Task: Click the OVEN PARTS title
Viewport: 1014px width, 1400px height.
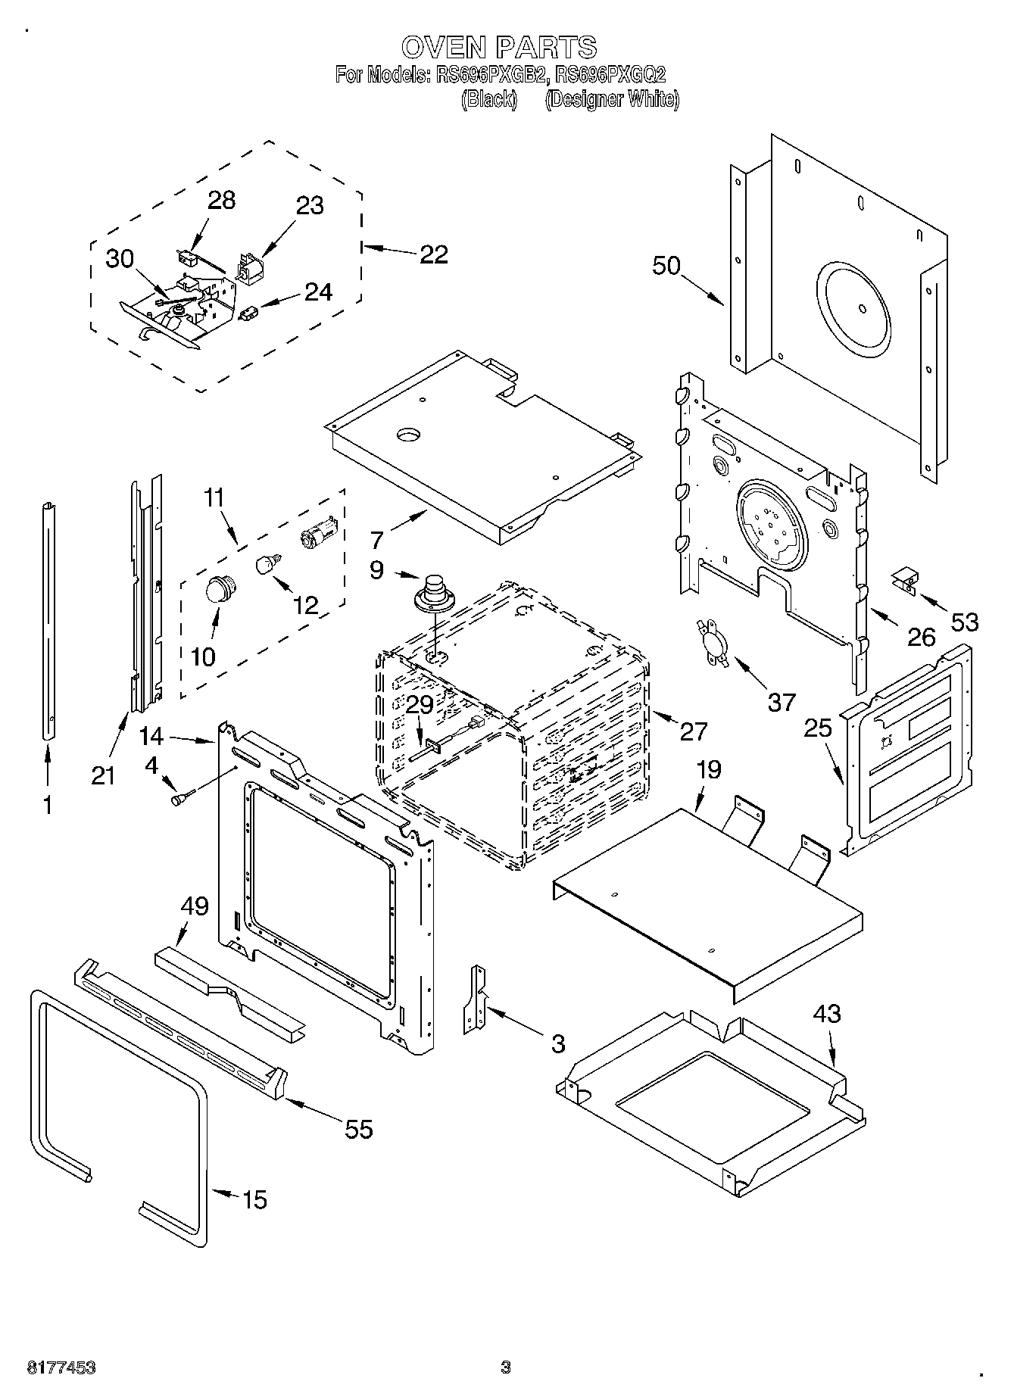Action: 499,47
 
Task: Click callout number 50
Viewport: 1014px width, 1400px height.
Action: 666,266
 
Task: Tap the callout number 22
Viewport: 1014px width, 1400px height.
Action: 433,254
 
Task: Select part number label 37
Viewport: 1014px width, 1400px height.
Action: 782,701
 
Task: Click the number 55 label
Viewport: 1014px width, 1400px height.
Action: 359,1129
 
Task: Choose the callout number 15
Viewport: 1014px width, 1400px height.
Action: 254,1199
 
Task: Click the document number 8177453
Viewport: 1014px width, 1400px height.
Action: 61,1367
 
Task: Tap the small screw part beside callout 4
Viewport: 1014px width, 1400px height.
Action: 182,797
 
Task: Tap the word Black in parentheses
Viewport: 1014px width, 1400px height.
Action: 489,99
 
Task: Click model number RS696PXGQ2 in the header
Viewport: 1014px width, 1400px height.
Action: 610,75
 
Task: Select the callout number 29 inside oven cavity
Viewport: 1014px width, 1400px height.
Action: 419,704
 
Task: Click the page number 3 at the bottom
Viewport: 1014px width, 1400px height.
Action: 505,1367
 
